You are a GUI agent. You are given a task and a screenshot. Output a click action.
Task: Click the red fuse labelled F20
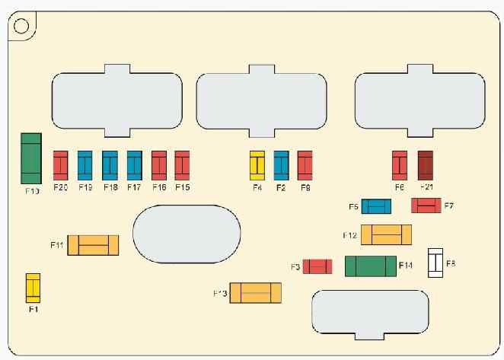61,164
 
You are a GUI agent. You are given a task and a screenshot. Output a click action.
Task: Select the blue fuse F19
85,164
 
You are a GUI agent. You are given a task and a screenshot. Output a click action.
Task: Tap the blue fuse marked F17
135,164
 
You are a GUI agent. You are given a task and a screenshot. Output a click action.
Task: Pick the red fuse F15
182,164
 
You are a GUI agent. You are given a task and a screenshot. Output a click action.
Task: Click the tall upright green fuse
31,158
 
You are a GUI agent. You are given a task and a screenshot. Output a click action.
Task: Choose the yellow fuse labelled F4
257,164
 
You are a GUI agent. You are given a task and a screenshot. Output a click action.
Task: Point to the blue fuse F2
281,164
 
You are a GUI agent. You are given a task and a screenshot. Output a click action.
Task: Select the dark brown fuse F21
425,164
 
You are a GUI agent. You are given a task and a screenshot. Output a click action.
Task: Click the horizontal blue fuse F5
376,206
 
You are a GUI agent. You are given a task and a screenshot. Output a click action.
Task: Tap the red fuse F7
427,205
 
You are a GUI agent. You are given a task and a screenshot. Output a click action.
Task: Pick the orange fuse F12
386,234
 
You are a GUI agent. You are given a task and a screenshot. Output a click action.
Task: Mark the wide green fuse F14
370,266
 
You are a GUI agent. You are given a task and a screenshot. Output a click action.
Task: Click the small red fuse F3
317,266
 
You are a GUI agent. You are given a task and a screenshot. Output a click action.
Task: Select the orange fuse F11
93,245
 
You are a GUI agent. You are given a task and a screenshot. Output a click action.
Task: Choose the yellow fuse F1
33,287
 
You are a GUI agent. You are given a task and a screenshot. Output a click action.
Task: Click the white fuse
436,263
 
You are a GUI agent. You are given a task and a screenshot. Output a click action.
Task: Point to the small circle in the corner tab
21,25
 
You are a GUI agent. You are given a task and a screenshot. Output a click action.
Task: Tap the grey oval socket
187,234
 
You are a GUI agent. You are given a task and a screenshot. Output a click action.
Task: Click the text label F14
407,266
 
